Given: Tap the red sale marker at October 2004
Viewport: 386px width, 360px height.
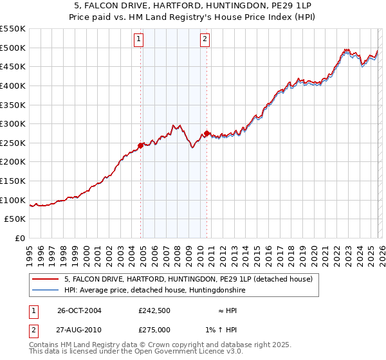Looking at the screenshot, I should click(x=141, y=145).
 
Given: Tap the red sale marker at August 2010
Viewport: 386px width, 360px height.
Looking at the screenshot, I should click(x=207, y=133).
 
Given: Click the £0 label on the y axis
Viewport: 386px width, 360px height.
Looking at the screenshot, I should click(x=19, y=238).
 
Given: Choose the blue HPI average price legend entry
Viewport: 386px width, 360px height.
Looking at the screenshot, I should click(x=154, y=291).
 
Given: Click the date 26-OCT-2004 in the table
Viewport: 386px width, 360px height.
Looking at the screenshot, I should click(x=79, y=310).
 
